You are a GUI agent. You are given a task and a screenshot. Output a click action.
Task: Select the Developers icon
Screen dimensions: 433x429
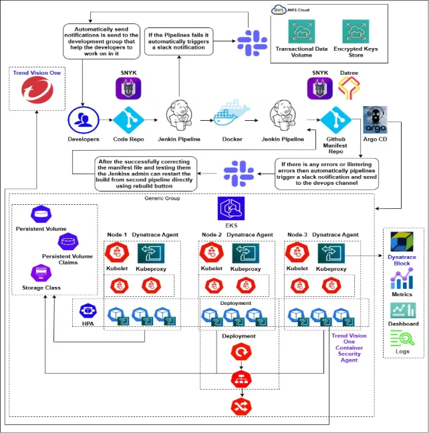click(83, 120)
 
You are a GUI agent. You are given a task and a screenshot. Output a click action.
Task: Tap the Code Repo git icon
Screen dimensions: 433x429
click(128, 120)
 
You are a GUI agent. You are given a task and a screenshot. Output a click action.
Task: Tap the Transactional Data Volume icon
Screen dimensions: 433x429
click(303, 32)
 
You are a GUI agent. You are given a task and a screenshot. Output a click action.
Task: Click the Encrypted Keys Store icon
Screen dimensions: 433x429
click(356, 32)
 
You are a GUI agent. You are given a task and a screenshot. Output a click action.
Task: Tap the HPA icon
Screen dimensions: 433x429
click(88, 312)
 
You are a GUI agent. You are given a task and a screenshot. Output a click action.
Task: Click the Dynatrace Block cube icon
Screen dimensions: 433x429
click(402, 243)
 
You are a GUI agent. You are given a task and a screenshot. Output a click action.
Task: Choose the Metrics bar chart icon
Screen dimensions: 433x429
click(402, 278)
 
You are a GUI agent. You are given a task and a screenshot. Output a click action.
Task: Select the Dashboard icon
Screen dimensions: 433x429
click(402, 310)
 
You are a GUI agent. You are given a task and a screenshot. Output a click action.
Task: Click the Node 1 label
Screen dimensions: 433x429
click(116, 235)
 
